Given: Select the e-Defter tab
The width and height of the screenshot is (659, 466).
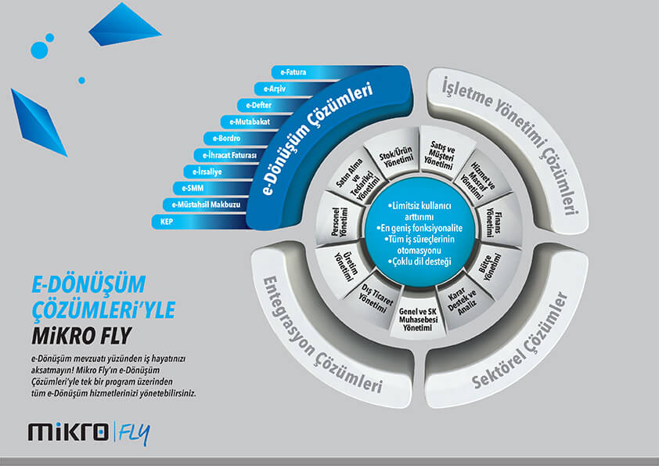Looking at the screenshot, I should coord(258,105).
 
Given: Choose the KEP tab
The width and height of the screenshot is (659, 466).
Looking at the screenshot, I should coord(167,222).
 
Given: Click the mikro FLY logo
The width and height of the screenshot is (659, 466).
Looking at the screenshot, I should coord(88,432).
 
